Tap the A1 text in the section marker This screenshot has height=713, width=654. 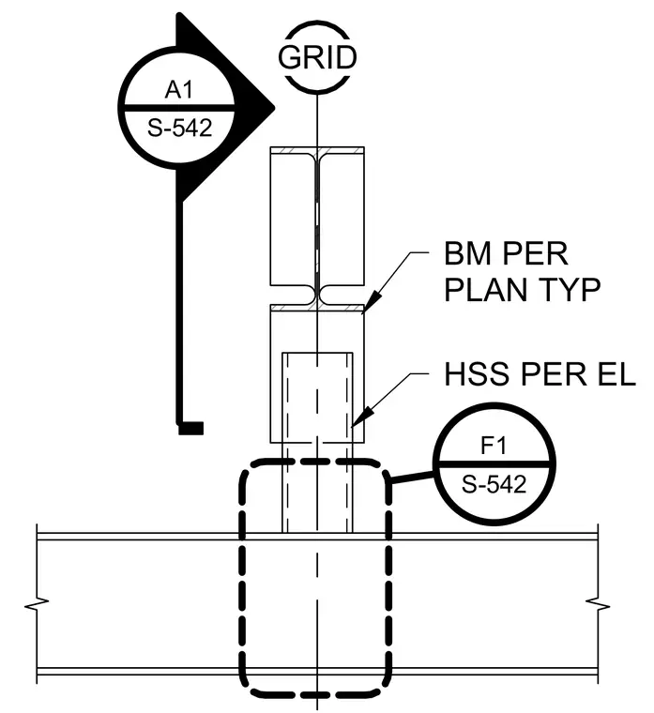(x=178, y=89)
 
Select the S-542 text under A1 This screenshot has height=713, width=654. (x=179, y=128)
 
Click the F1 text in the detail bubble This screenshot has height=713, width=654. (x=493, y=446)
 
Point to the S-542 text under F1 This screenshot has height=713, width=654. (x=494, y=484)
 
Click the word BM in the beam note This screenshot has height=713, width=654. (x=467, y=253)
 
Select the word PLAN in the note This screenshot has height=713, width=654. (x=486, y=289)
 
